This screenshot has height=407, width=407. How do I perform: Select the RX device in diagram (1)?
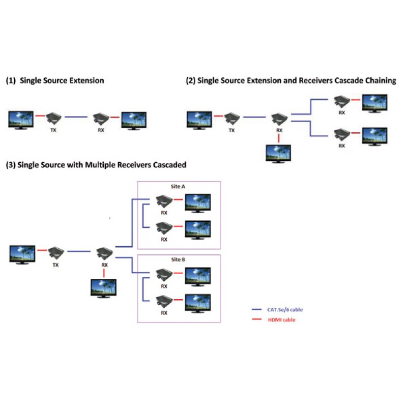100,120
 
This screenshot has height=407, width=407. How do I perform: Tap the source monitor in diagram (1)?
21,120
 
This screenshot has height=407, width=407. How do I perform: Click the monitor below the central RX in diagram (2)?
279,153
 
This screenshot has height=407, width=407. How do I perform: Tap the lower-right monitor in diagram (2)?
374,136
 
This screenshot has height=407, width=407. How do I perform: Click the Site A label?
178,187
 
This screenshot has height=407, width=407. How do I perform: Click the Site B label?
178,260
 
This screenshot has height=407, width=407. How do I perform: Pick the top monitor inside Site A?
197,202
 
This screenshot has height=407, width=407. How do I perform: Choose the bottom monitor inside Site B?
197,303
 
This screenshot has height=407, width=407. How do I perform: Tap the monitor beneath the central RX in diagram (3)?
103,288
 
